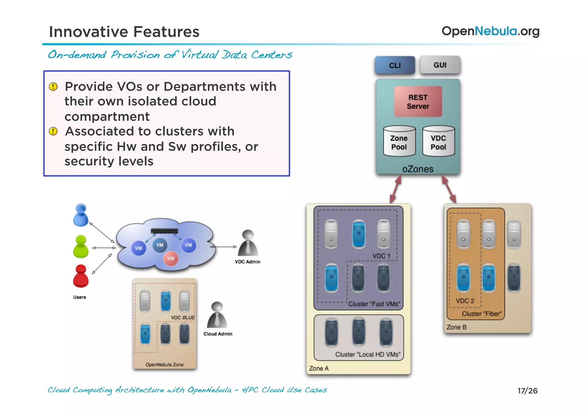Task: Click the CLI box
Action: pos(395,65)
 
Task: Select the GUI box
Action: pos(440,65)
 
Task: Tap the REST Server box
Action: pos(418,102)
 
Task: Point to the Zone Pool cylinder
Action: pos(399,141)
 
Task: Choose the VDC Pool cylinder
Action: pos(439,141)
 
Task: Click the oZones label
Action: pos(418,169)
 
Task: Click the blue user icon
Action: pos(81,215)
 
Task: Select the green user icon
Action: pos(81,246)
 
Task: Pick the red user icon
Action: pos(81,276)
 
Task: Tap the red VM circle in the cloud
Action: pos(171,258)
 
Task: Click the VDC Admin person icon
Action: pos(248,243)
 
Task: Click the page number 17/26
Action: pos(527,391)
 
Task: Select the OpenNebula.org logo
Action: pos(490,31)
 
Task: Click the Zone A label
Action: pos(319,368)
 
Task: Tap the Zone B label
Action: pos(456,327)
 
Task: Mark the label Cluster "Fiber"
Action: pos(482,314)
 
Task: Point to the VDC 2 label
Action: pos(465,301)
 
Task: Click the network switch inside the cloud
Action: pos(165,231)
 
